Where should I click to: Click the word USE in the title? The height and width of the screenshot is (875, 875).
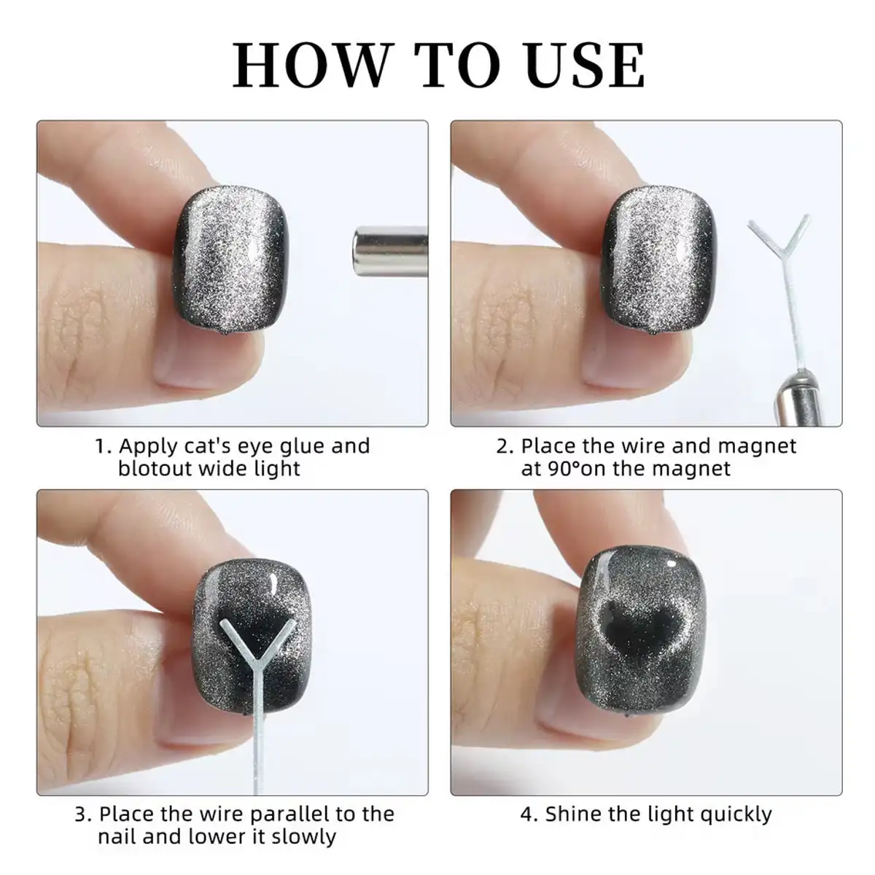point(585,65)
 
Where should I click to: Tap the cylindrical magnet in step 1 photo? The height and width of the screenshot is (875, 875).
point(390,251)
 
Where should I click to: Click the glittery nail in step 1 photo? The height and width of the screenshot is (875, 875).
point(230,261)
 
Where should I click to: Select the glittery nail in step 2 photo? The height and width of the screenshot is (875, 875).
point(659,261)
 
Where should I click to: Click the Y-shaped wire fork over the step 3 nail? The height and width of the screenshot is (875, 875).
point(257,644)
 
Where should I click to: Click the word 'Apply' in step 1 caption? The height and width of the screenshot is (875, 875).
point(147,447)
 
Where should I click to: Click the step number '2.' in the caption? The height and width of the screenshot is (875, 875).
point(505,447)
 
